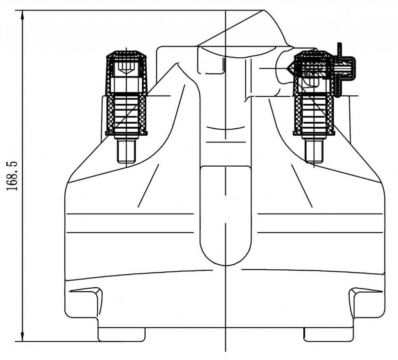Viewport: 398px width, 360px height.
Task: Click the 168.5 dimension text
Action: (12, 176)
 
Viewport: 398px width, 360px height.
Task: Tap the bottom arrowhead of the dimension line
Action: (23, 336)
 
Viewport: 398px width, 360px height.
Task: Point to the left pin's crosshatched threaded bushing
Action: (127, 114)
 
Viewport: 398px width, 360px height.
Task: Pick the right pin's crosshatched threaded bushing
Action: (314, 114)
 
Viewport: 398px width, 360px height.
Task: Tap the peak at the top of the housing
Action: (263, 11)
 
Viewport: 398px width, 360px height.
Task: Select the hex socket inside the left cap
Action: (127, 68)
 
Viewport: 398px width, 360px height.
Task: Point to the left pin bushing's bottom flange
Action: (127, 133)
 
